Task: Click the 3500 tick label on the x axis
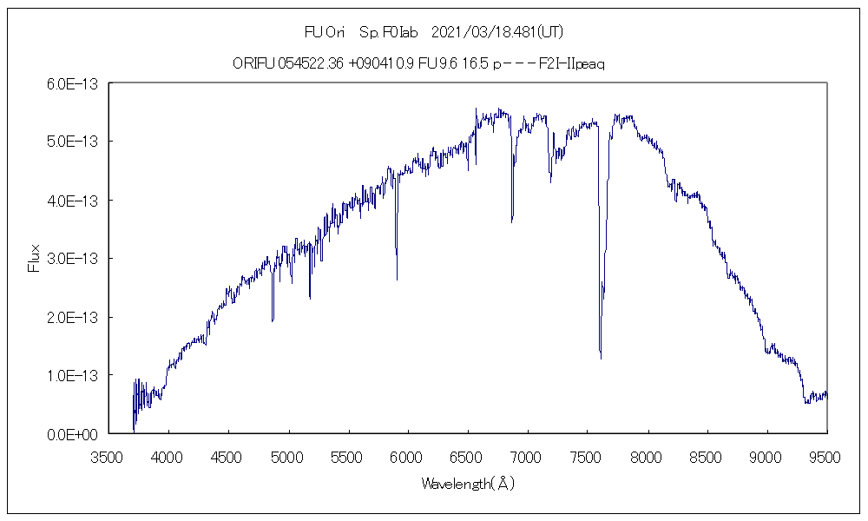tap(108, 455)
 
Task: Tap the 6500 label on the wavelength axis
tap(467, 455)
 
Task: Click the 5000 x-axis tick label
tap(287, 455)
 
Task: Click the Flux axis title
tap(34, 258)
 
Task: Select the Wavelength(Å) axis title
tap(467, 484)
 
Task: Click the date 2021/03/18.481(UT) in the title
tap(497, 32)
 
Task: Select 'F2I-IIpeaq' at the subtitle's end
tap(569, 64)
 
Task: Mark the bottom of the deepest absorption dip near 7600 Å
tap(601, 357)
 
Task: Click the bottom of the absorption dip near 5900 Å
tap(397, 279)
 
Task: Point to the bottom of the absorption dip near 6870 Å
tap(512, 221)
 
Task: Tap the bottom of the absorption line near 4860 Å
tap(273, 320)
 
